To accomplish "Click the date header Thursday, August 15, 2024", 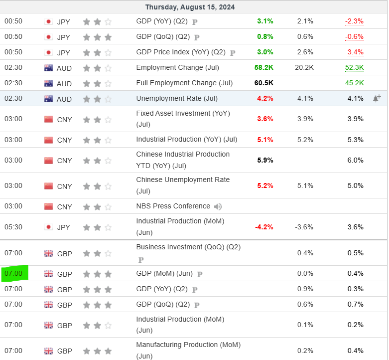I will point(190,7).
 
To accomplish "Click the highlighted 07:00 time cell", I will point(14,273).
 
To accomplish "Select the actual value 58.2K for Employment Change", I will point(264,67).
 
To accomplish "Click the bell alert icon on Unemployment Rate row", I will point(377,98).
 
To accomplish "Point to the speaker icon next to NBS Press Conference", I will point(218,206).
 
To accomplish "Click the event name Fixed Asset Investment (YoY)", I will point(183,113).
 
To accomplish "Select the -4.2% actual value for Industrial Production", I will point(264,227).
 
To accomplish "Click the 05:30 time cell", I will point(13,227).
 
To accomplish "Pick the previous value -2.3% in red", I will point(354,21).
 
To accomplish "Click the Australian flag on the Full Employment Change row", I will point(48,83).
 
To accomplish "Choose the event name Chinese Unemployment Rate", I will point(183,180).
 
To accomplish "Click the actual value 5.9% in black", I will point(265,160).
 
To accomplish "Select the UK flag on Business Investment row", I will point(48,253).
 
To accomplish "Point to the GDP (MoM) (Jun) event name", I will point(164,273).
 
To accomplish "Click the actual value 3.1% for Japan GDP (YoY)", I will point(265,21).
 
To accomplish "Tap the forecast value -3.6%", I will point(304,227).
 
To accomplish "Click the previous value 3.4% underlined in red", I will point(355,52).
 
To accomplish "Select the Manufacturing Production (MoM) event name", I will point(188,345).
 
